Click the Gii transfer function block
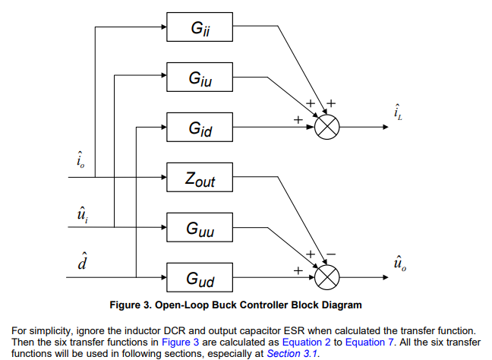(x=200, y=29)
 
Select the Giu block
(x=200, y=77)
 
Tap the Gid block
(x=200, y=128)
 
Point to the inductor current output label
(x=398, y=113)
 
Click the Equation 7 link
(x=370, y=342)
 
